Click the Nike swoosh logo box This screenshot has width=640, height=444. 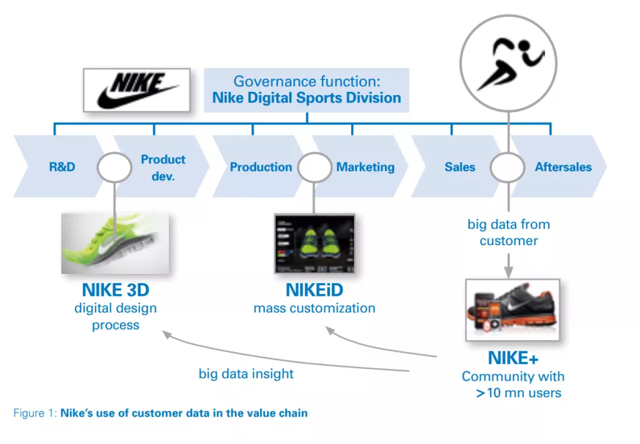pyautogui.click(x=137, y=90)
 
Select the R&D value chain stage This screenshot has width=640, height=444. pyautogui.click(x=62, y=167)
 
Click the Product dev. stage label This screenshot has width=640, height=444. pyautogui.click(x=163, y=168)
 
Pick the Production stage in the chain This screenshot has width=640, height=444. pyautogui.click(x=261, y=167)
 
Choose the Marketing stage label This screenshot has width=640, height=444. pyautogui.click(x=366, y=167)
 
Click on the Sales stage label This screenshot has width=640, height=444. pyautogui.click(x=459, y=167)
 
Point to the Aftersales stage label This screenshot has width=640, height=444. pyautogui.click(x=562, y=167)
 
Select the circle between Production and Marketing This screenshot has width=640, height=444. pyautogui.click(x=314, y=167)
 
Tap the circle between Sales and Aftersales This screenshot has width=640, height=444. pyautogui.click(x=507, y=167)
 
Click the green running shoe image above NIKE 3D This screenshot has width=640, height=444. pyautogui.click(x=115, y=243)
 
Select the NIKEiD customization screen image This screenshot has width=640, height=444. pyautogui.click(x=314, y=243)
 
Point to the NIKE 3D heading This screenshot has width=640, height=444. pyautogui.click(x=116, y=291)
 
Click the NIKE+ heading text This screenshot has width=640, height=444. pyautogui.click(x=512, y=358)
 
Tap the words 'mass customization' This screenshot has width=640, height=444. pyautogui.click(x=314, y=308)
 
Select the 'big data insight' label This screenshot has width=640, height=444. pyautogui.click(x=246, y=374)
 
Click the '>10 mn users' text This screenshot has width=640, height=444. pyautogui.click(x=519, y=393)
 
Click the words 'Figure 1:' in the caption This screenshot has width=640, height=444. pyautogui.click(x=35, y=413)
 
